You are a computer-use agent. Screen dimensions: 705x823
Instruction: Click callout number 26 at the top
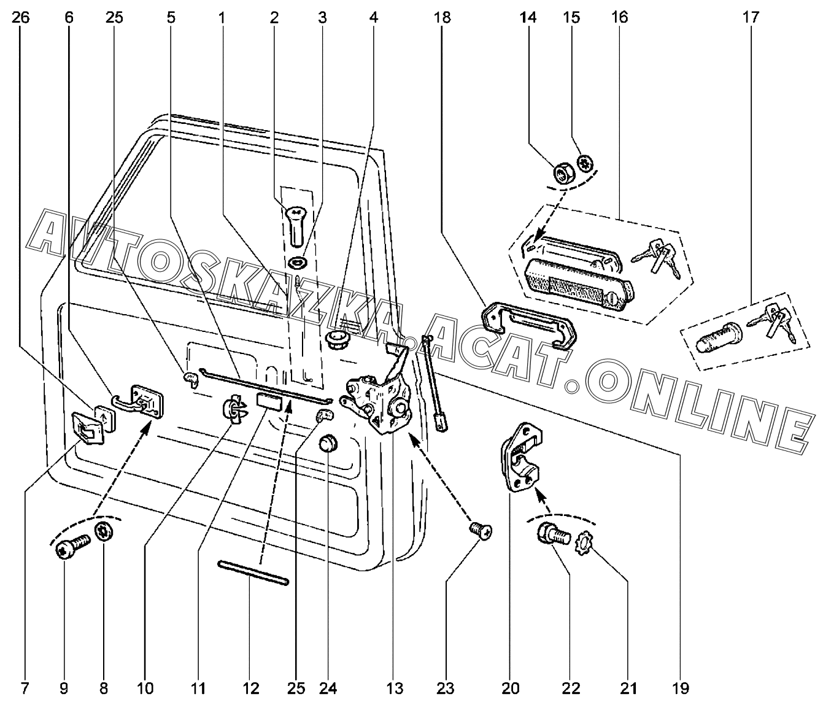tap(20, 17)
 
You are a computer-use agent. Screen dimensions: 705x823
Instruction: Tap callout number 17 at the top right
tap(750, 17)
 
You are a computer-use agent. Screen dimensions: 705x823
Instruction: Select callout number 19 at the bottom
tap(680, 688)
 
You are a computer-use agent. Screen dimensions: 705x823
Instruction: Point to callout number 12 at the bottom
tap(250, 688)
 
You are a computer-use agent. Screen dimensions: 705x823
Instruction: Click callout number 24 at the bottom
tap(328, 688)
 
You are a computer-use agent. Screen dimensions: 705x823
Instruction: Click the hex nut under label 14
tap(564, 174)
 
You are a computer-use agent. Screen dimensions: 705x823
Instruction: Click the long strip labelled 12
tap(253, 572)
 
